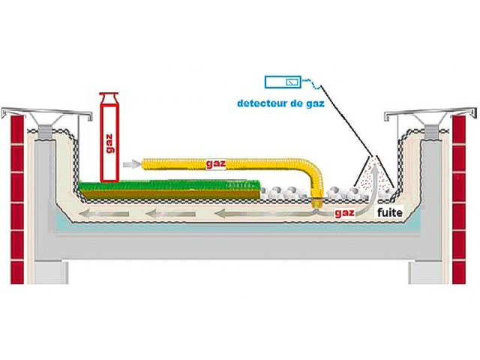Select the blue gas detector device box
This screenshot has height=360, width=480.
pos(283,80)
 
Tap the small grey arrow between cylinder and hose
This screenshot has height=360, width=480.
pos(131,162)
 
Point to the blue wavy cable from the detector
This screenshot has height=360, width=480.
pos(311,85)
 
